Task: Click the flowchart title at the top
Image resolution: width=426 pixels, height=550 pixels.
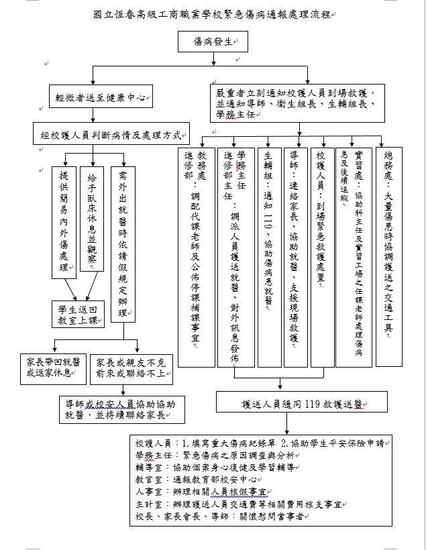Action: (x=213, y=15)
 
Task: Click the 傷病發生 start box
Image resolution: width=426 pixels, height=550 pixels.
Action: (x=213, y=42)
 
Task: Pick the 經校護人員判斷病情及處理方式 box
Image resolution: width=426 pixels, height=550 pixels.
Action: (x=111, y=133)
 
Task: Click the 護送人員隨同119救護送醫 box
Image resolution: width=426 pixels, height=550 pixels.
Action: (x=301, y=404)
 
